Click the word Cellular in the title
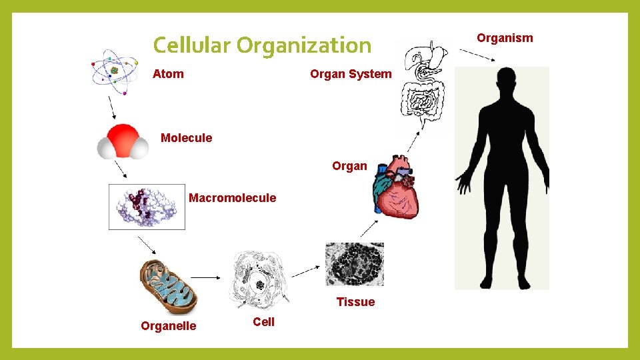[x=191, y=45]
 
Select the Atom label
[x=168, y=74]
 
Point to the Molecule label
[x=186, y=138]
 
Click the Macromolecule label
[x=232, y=198]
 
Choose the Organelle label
[x=168, y=326]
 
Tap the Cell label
[x=263, y=322]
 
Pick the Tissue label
[x=355, y=302]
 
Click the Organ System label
[x=351, y=74]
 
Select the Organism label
[x=505, y=38]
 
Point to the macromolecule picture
[x=147, y=206]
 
